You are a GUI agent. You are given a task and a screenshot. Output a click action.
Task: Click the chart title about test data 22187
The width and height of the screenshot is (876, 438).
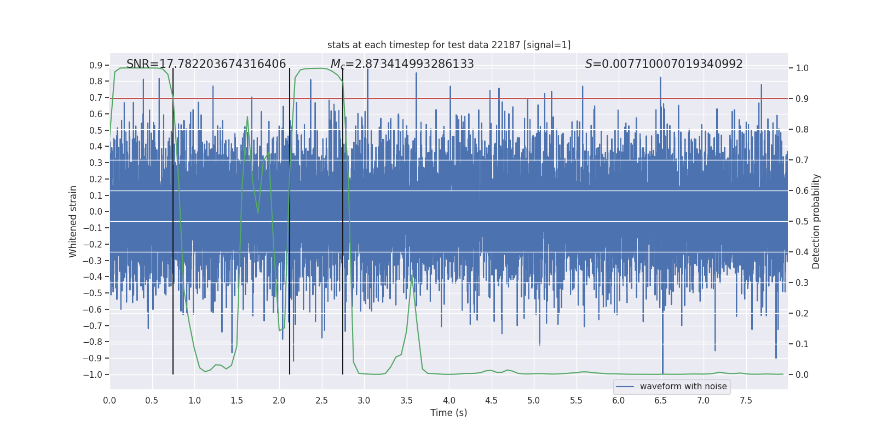coord(449,45)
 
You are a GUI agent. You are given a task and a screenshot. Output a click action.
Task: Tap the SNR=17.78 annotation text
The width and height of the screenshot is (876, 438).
coord(206,64)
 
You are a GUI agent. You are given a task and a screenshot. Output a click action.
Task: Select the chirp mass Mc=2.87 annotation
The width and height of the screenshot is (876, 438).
coord(402,64)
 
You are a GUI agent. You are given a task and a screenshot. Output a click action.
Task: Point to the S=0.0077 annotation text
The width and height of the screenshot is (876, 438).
coord(664,64)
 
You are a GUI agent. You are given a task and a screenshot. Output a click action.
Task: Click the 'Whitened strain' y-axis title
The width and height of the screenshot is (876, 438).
coord(73,221)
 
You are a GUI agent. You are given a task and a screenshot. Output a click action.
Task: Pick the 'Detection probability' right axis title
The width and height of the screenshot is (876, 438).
coord(816,221)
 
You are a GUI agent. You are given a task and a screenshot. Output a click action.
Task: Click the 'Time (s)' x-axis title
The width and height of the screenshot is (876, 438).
coord(448,413)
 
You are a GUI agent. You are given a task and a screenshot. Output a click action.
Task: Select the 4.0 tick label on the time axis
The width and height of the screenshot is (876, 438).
coord(449,401)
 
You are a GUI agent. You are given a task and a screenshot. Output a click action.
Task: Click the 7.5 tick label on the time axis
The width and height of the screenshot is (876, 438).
coord(746,401)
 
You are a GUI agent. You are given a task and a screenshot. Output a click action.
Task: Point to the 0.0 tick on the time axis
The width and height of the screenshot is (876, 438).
coord(109,401)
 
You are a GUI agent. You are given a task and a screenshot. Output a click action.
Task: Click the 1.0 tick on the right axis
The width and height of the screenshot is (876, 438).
coord(802,68)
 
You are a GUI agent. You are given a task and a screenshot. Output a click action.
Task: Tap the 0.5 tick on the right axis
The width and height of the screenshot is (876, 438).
coord(802,222)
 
